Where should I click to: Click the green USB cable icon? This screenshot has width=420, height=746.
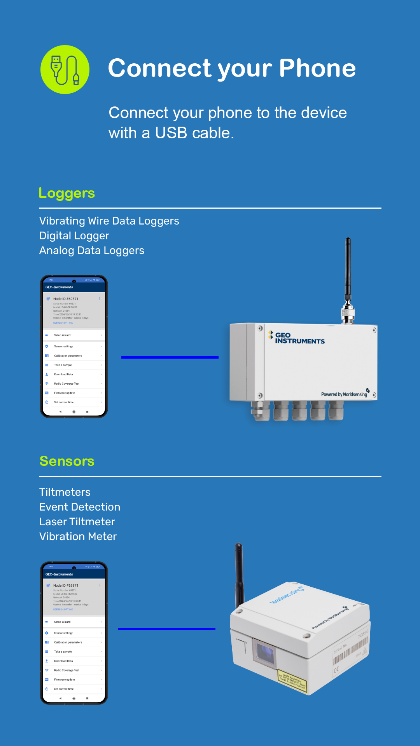[x=65, y=70]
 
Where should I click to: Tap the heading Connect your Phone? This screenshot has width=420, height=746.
[x=232, y=68]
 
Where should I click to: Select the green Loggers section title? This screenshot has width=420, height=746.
[x=66, y=193]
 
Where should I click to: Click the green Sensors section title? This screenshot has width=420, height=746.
[x=67, y=461]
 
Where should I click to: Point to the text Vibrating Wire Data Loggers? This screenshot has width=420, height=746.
[x=109, y=221]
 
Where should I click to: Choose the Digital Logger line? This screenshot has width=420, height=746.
[x=74, y=236]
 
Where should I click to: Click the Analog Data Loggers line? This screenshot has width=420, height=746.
[x=92, y=251]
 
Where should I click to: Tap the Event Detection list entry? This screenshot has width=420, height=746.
[x=80, y=507]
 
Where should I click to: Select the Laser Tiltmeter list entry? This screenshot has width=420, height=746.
[x=77, y=522]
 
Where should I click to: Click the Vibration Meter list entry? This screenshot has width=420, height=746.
[x=78, y=537]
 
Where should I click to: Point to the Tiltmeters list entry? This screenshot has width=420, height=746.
[x=65, y=492]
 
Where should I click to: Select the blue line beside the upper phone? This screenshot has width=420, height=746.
[x=170, y=357]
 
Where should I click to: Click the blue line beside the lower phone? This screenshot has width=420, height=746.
[x=166, y=629]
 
